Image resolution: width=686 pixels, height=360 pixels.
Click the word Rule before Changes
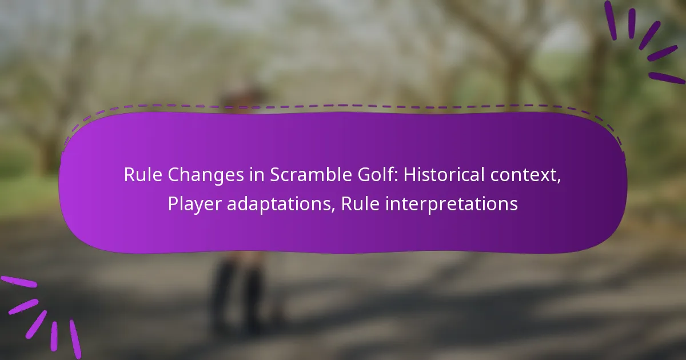click(143, 175)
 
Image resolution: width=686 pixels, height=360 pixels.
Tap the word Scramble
click(311, 175)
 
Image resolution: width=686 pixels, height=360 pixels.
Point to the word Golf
click(376, 174)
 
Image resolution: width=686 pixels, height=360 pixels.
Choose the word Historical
click(444, 175)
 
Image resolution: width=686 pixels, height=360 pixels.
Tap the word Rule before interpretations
click(360, 203)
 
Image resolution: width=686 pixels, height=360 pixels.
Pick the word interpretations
click(451, 205)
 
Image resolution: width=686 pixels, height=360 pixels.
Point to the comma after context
click(559, 181)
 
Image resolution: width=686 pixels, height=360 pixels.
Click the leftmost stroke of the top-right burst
click(611, 20)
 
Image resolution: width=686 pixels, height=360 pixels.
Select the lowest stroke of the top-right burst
click(667, 78)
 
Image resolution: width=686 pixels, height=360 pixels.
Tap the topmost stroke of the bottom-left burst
click(19, 282)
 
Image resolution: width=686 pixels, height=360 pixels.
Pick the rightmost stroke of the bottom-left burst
click(75, 339)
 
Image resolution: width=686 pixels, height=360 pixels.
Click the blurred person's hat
click(242, 93)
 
